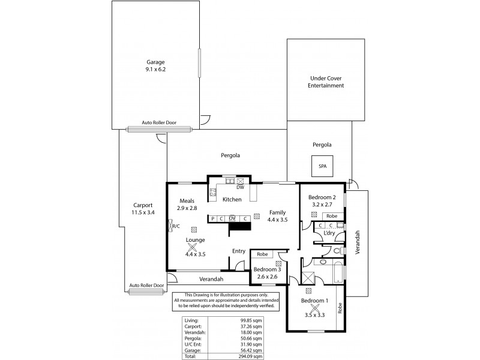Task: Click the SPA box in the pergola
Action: (x=322, y=166)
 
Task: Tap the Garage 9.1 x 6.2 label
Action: (x=156, y=66)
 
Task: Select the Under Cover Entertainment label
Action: (x=327, y=82)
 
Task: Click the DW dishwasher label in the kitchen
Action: (x=239, y=187)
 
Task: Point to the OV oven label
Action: (x=232, y=218)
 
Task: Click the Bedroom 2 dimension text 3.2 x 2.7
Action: (x=321, y=205)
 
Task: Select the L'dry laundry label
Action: (x=328, y=233)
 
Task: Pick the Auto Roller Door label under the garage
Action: (x=158, y=122)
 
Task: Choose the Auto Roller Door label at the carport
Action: (x=146, y=286)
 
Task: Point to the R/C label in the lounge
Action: (x=176, y=226)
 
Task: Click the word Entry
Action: (x=239, y=251)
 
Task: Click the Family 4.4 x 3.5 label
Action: (x=277, y=216)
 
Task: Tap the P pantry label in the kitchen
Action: (x=212, y=218)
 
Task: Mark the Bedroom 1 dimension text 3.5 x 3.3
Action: (x=314, y=314)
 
